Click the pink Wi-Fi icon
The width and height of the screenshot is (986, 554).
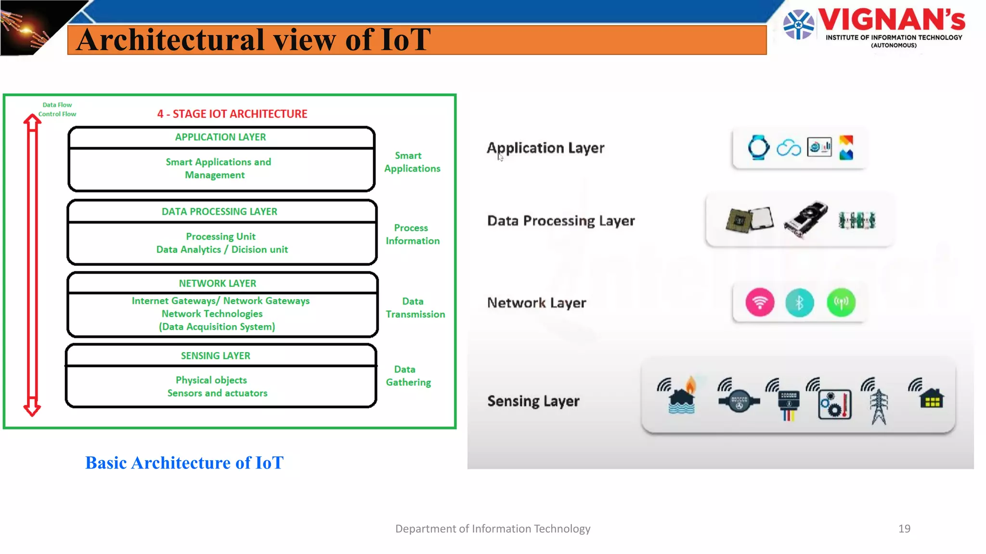click(760, 302)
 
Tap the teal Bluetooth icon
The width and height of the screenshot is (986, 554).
click(799, 302)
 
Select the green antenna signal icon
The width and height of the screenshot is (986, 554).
click(841, 302)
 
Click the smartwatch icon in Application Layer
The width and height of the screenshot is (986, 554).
click(758, 147)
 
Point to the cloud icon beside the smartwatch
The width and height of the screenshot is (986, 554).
click(789, 148)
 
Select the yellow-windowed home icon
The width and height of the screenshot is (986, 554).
click(932, 398)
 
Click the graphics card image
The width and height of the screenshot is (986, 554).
click(806, 219)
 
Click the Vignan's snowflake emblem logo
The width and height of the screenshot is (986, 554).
click(798, 25)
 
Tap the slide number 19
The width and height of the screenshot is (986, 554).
click(904, 529)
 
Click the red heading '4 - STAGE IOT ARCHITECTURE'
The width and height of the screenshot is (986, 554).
click(232, 114)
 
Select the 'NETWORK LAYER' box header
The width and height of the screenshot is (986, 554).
click(218, 283)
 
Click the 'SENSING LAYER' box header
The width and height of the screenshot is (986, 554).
click(216, 355)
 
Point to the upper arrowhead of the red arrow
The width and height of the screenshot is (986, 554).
click(32, 122)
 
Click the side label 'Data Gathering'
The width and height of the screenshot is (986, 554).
click(408, 376)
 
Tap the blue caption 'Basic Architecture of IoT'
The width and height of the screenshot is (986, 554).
click(184, 463)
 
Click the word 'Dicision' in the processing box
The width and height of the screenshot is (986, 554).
click(249, 249)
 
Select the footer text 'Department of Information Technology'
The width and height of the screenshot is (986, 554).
click(493, 529)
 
